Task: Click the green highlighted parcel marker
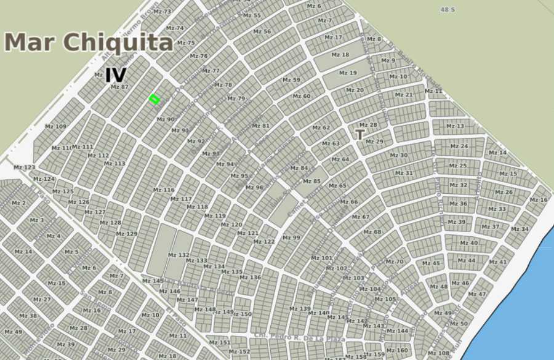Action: click(x=154, y=98)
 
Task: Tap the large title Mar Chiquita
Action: click(x=89, y=42)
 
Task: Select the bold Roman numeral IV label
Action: click(x=116, y=75)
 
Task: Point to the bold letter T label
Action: click(x=360, y=134)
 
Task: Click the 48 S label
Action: click(x=448, y=9)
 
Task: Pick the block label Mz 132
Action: click(x=179, y=255)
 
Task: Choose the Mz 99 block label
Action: click(x=291, y=238)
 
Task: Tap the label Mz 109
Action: click(x=56, y=127)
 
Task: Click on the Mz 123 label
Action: click(x=25, y=167)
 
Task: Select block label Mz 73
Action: click(x=163, y=12)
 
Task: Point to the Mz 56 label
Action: click(x=262, y=31)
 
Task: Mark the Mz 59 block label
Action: click(x=291, y=80)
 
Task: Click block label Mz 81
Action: click(x=261, y=126)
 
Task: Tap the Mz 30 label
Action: click(x=399, y=155)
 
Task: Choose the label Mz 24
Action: click(x=459, y=146)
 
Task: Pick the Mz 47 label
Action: click(x=477, y=294)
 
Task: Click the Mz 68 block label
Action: click(x=372, y=232)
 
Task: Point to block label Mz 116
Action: click(x=164, y=190)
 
